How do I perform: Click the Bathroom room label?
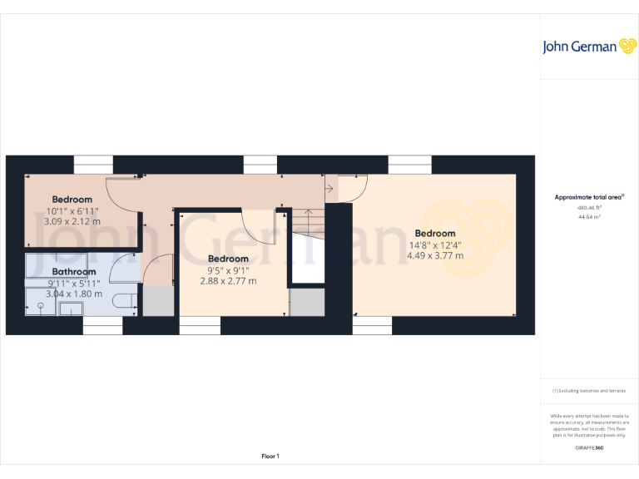[74, 272]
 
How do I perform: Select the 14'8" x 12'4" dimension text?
[435, 244]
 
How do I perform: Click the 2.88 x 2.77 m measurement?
[228, 281]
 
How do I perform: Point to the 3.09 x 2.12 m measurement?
[72, 221]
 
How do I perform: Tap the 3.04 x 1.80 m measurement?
[74, 294]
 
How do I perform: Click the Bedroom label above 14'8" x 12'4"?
[435, 234]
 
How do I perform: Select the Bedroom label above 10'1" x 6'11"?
[72, 200]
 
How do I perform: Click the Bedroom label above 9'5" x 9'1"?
[228, 259]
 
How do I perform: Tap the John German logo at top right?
[589, 47]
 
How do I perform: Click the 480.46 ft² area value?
[589, 207]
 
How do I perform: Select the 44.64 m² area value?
[589, 216]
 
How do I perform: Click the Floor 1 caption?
[270, 456]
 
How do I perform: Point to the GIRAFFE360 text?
[589, 448]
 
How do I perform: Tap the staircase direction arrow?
[329, 190]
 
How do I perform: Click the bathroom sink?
[40, 307]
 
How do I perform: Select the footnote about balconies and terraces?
[589, 390]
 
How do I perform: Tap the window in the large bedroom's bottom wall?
[372, 329]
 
